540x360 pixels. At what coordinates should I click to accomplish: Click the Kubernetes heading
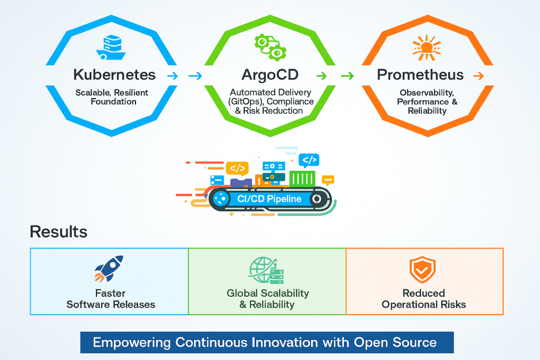click(114, 74)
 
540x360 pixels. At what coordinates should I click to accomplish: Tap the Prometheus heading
click(420, 74)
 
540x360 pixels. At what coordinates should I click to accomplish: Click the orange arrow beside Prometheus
click(478, 76)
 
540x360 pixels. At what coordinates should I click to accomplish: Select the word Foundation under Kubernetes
click(114, 101)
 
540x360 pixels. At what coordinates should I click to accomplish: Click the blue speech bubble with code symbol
click(308, 159)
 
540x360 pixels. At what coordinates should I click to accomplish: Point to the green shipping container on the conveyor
click(302, 178)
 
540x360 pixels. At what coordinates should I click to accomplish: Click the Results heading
click(59, 231)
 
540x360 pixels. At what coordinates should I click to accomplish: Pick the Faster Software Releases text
click(111, 299)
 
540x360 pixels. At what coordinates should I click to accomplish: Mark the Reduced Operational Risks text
click(424, 299)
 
